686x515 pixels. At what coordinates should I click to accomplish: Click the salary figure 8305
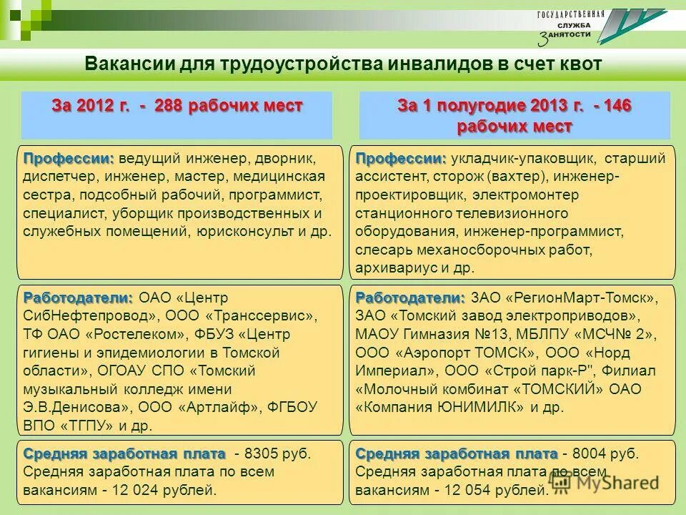pyautogui.click(x=259, y=453)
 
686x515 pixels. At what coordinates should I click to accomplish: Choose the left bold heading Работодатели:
pyautogui.click(x=78, y=297)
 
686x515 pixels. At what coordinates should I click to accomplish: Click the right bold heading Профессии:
pyautogui.click(x=401, y=158)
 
